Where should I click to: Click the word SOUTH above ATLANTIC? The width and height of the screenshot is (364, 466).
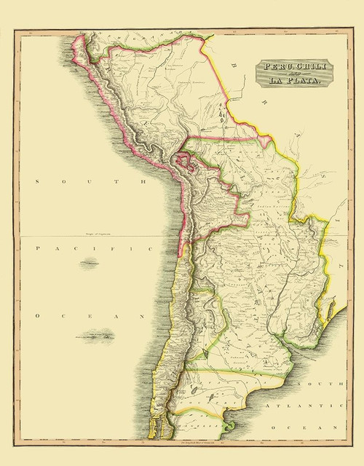[x=324, y=383]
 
